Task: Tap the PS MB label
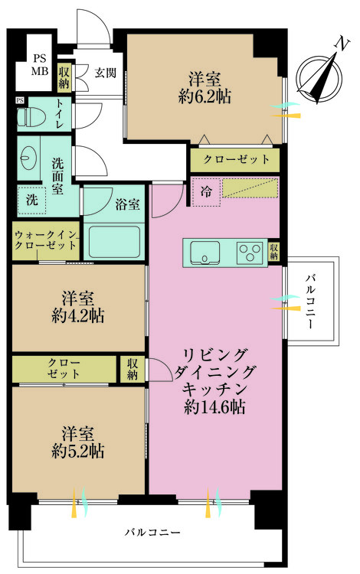coord(39,65)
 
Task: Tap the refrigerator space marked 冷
coord(206,192)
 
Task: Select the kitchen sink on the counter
coord(205,252)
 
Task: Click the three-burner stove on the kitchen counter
coord(250,252)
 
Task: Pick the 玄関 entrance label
coord(106,73)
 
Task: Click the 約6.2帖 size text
coord(205,97)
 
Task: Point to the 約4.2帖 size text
coord(77,315)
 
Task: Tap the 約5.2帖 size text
coord(77,451)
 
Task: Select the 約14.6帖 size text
coord(214,406)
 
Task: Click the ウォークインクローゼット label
coord(45,240)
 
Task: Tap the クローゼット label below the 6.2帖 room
coord(237,159)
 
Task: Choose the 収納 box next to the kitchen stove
coord(274,252)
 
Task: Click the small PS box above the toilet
coord(20,100)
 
